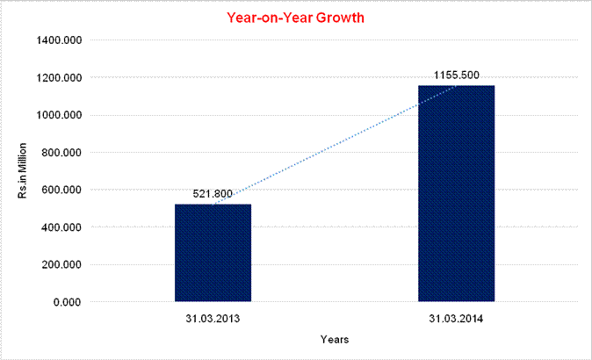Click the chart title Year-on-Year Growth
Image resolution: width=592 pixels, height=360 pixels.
tap(295, 17)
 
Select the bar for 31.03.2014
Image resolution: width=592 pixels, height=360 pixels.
tap(456, 193)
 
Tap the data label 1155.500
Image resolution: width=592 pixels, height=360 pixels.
tap(456, 75)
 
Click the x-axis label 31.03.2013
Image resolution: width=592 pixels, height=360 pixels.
tap(213, 317)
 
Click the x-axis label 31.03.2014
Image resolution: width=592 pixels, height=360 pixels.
tap(456, 317)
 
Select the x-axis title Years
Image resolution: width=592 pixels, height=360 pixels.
tap(335, 338)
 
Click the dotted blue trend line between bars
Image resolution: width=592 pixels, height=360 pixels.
tap(334, 146)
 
